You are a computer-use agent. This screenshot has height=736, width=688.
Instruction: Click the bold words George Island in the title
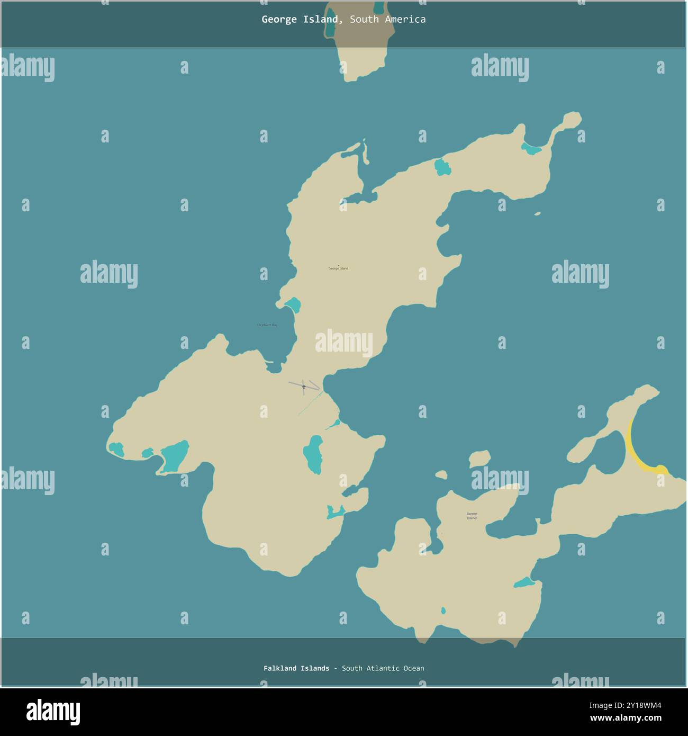click(300, 20)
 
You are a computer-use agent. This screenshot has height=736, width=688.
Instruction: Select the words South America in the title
click(387, 20)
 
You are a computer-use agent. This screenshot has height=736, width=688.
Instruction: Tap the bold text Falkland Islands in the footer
click(296, 668)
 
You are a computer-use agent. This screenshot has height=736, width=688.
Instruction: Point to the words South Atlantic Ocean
click(383, 668)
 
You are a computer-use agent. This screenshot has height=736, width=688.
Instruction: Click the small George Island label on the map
click(338, 268)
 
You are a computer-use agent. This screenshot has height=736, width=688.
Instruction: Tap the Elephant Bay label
click(267, 325)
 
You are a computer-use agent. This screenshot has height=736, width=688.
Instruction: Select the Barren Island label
click(472, 516)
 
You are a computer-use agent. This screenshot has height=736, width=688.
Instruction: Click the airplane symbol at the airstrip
click(304, 387)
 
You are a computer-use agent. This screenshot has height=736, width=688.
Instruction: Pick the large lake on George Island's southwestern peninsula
click(175, 456)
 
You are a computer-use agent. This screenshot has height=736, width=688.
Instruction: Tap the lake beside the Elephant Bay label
click(293, 305)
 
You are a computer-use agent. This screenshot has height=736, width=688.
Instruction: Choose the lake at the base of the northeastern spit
click(531, 149)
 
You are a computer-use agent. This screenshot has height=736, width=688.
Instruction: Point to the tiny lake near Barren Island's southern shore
click(443, 611)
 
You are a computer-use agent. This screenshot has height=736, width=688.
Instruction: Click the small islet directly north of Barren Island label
click(479, 459)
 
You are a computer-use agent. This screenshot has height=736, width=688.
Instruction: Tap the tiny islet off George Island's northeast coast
click(538, 214)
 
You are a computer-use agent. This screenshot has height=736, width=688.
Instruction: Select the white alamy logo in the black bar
click(53, 712)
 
